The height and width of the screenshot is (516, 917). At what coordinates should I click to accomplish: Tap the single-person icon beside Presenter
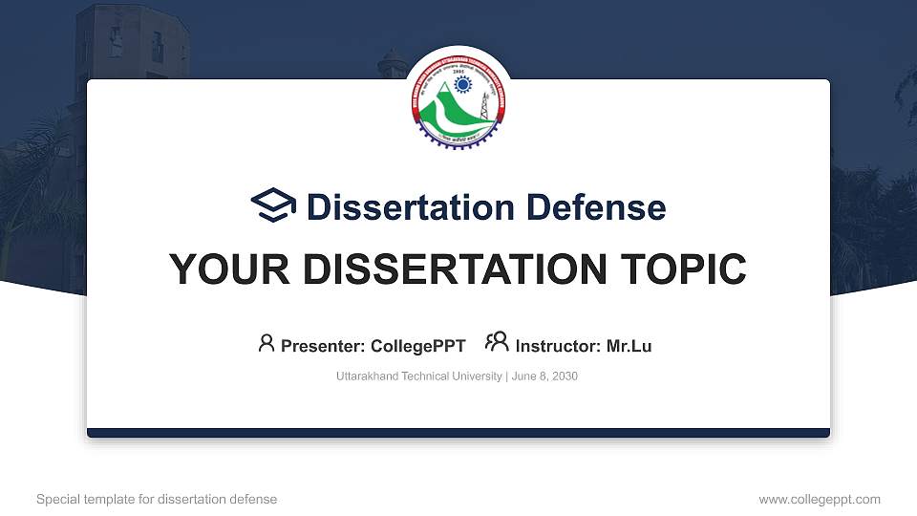click(267, 343)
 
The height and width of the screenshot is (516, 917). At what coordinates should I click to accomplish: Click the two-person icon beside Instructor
click(497, 342)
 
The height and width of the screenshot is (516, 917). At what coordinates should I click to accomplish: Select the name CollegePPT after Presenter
click(417, 346)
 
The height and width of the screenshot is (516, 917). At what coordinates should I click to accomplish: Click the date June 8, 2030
click(544, 376)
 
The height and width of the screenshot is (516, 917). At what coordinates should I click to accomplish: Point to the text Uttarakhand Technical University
click(418, 376)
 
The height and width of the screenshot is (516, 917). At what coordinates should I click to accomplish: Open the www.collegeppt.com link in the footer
click(820, 499)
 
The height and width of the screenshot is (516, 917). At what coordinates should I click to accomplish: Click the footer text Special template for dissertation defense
click(157, 499)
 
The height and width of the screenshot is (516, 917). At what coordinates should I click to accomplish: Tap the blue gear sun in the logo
click(463, 84)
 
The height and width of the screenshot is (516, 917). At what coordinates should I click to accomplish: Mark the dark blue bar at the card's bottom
click(458, 433)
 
